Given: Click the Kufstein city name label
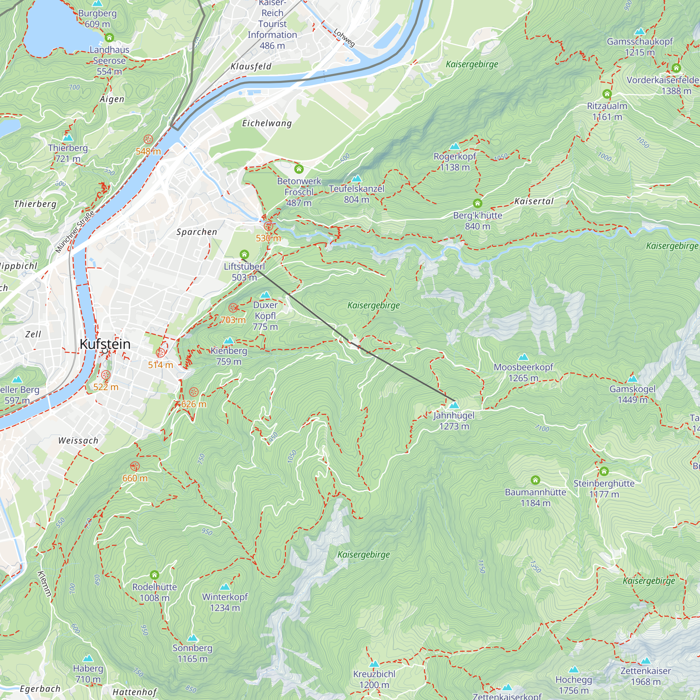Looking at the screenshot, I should pos(105,344).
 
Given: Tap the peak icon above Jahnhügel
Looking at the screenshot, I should pos(454,405).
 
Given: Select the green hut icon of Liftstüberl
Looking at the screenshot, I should pos(244,254).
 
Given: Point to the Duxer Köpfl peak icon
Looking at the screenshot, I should pos(265,295).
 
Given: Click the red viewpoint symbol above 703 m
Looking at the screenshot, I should pos(233,308).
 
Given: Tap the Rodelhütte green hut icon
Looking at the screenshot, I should pos(154,575).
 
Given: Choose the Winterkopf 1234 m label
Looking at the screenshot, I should pos(225,602).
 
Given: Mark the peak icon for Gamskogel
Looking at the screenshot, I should pos(632,379).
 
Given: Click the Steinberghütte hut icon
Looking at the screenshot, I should pos(604,471).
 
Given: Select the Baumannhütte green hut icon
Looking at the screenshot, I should pos(535,481).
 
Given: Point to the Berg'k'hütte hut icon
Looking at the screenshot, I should pos(477,203).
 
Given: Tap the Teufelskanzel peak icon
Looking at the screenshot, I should pos(357,178).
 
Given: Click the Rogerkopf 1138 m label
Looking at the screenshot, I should pos(454,162).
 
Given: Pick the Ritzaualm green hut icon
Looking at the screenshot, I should pos(607,94).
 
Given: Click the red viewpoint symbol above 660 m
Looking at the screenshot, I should pos(135,466).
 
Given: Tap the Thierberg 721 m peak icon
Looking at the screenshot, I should pos(68,138).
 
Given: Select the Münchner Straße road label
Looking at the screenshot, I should pos(75,231).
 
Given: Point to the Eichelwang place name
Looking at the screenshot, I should pos(267,123).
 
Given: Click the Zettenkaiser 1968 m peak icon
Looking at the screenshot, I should pos(646,661).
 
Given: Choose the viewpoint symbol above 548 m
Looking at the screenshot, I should pos(148,139).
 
